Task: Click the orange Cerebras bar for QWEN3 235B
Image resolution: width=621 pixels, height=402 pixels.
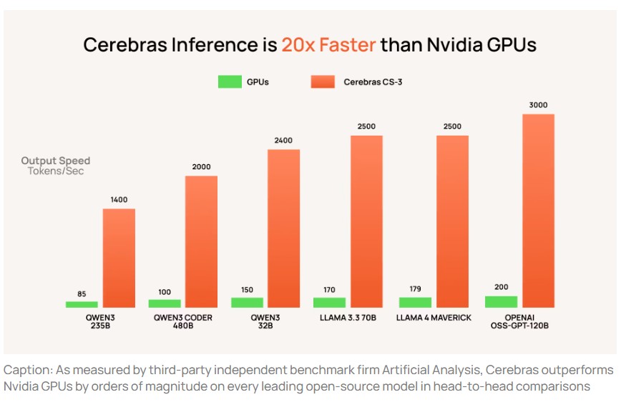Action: (x=119, y=258)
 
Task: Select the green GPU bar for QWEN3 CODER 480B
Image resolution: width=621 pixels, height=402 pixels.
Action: (x=165, y=303)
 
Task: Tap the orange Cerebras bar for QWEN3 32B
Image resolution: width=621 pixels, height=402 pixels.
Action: (x=283, y=228)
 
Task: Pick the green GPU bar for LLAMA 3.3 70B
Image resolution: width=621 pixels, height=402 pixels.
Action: (x=329, y=303)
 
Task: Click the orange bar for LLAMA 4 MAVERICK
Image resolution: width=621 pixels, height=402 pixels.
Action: (x=452, y=221)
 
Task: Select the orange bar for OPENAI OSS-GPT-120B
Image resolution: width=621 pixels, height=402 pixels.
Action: (x=538, y=211)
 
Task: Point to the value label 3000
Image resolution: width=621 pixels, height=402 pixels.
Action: (x=538, y=105)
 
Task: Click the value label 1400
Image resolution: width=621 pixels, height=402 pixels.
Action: (x=119, y=200)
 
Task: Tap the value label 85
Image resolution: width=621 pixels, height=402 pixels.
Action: (x=81, y=293)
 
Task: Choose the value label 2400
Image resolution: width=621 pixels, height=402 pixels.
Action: (x=283, y=141)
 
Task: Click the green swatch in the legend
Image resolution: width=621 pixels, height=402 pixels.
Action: (x=230, y=82)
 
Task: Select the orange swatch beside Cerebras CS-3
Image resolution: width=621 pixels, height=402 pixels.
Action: (x=323, y=82)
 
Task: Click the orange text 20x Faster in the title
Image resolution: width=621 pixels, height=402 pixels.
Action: (x=328, y=45)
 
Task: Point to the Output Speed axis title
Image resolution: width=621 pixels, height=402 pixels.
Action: (x=56, y=161)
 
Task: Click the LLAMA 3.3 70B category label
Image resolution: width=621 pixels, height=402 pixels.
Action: (x=346, y=318)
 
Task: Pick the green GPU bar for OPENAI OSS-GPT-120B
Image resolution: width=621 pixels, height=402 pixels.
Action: (x=501, y=302)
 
